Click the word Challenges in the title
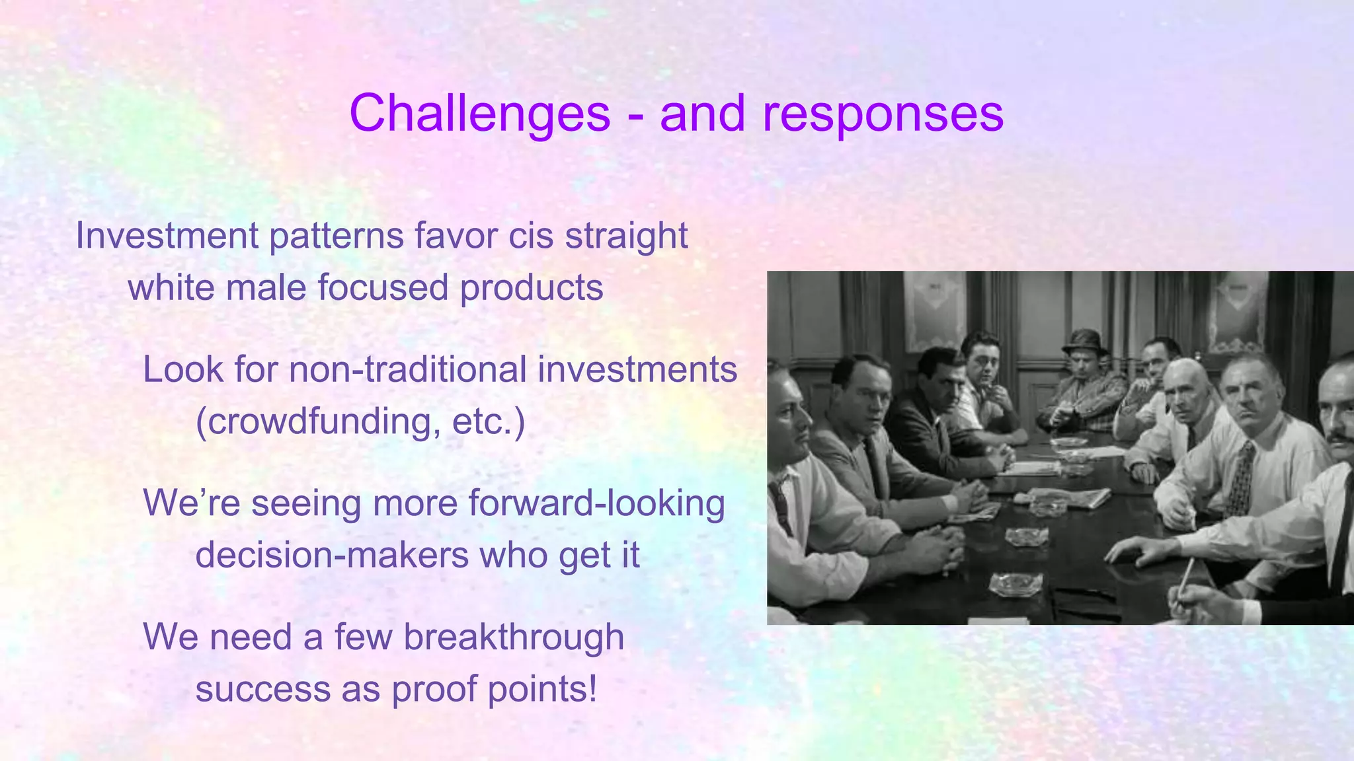tap(479, 114)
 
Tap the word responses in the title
tap(883, 114)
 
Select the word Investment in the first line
tap(167, 236)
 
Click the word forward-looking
tap(596, 503)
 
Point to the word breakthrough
tap(513, 637)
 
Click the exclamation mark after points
tap(592, 689)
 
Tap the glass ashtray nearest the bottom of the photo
tap(1017, 583)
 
